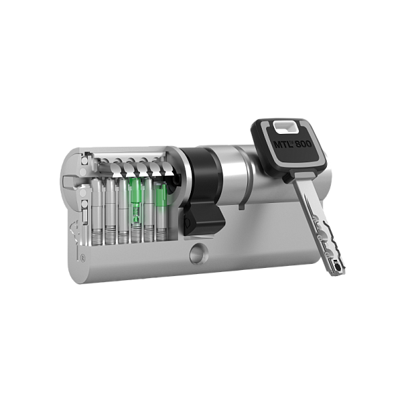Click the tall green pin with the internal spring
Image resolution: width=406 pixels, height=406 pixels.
click(135, 203)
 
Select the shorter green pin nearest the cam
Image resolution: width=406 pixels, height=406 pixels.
click(161, 197)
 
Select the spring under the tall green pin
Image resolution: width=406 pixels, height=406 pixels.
click(135, 234)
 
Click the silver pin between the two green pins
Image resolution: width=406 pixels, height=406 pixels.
click(148, 203)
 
